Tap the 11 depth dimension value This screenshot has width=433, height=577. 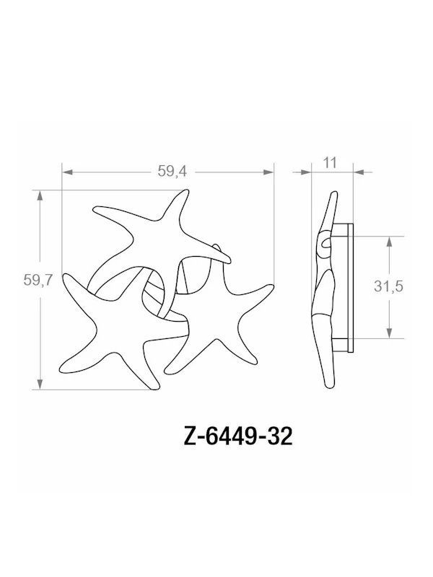point(331,162)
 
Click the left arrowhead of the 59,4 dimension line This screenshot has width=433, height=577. point(67,172)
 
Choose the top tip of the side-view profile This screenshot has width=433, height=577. point(334,193)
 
